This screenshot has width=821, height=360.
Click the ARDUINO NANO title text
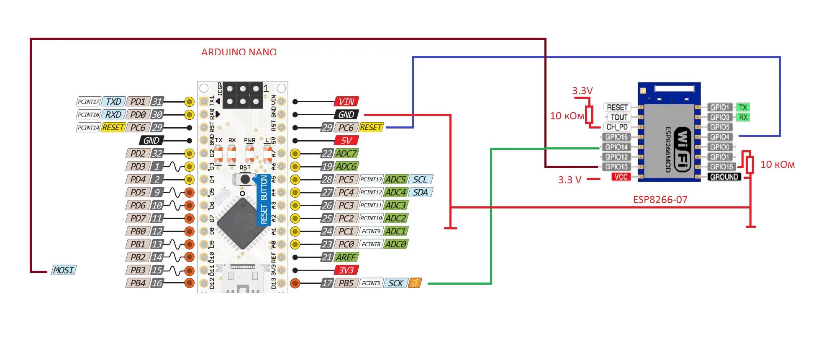pyautogui.click(x=239, y=52)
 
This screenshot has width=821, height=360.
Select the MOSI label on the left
pyautogui.click(x=64, y=270)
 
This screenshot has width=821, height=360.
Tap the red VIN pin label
pyautogui.click(x=346, y=102)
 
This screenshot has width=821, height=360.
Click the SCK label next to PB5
pyautogui.click(x=395, y=283)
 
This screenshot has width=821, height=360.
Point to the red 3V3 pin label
pyautogui.click(x=346, y=270)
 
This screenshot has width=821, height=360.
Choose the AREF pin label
pyautogui.click(x=346, y=257)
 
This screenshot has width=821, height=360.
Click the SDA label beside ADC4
pyautogui.click(x=420, y=193)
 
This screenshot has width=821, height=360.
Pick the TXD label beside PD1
pyautogui.click(x=113, y=102)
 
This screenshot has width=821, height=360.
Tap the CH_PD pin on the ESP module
pyautogui.click(x=617, y=127)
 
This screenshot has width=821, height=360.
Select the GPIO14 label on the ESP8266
pyautogui.click(x=616, y=147)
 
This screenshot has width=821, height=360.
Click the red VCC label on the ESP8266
pyautogui.click(x=621, y=177)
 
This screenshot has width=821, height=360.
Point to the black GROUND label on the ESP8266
pyautogui.click(x=724, y=177)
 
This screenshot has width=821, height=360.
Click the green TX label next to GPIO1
pyautogui.click(x=743, y=107)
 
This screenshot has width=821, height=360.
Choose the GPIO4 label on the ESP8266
pyautogui.click(x=720, y=137)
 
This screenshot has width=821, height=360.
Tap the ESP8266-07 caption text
pyautogui.click(x=660, y=200)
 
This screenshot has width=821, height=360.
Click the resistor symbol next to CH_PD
pyautogui.click(x=589, y=114)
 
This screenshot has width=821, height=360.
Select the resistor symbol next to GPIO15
pyautogui.click(x=750, y=165)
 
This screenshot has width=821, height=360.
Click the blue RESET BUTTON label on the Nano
pyautogui.click(x=264, y=199)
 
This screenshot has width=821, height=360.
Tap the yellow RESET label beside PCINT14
pyautogui.click(x=113, y=128)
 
